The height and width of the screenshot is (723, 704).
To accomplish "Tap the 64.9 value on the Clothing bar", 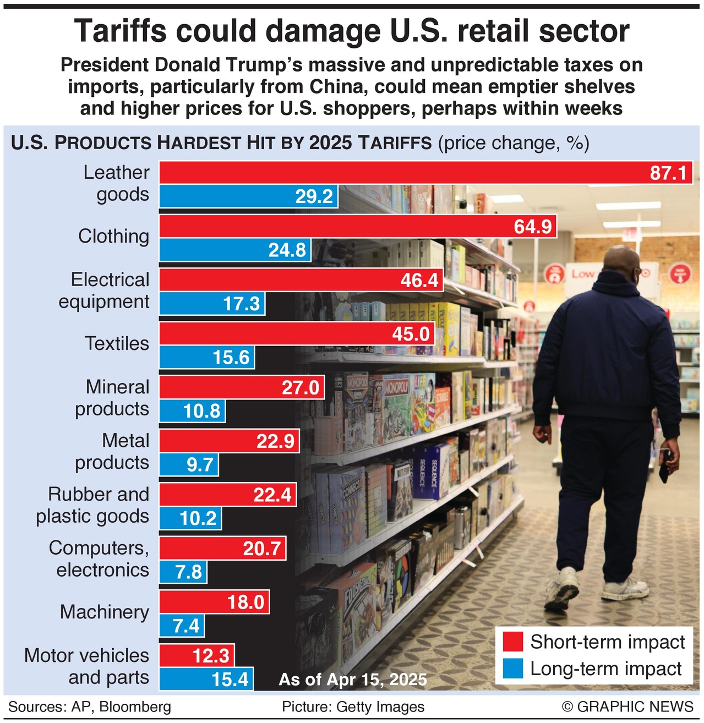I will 532,227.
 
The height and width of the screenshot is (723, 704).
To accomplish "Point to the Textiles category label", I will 117,343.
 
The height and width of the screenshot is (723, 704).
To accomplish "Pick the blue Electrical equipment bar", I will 212,304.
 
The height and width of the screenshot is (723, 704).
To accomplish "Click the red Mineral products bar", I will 242,387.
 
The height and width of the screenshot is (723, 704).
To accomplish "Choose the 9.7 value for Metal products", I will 199,465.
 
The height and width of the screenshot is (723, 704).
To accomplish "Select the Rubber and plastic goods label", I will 92,505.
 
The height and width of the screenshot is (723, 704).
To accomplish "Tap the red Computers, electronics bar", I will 223,549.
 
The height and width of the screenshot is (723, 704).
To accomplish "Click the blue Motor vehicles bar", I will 206,679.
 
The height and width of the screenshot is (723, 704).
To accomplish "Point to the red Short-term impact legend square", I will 512,642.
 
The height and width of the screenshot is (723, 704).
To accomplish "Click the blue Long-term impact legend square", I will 512,669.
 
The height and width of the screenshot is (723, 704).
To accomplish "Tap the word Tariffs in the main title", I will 120,31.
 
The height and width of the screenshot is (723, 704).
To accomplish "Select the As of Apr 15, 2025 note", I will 353,680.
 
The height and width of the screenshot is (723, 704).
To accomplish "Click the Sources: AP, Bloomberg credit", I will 90,707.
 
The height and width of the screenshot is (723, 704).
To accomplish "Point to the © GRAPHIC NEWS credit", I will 627,707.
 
